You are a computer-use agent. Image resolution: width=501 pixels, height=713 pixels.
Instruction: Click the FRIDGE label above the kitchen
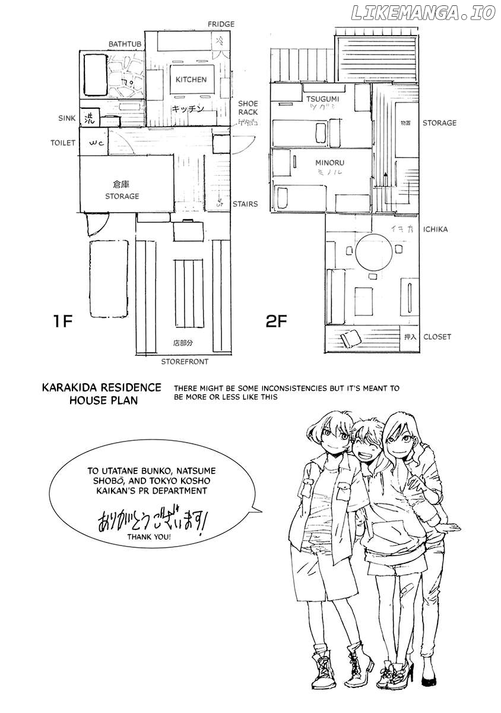tap(221, 24)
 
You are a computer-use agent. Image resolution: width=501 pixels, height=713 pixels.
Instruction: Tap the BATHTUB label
tap(125, 45)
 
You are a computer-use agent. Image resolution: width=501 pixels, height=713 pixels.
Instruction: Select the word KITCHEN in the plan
tap(190, 79)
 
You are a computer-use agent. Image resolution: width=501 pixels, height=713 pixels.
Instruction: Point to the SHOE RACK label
tap(248, 108)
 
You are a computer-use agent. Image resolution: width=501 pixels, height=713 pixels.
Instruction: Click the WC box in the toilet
tap(97, 143)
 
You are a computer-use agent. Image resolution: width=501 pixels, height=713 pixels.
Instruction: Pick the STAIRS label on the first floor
tap(245, 204)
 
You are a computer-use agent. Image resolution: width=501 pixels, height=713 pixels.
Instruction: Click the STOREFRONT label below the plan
tap(185, 361)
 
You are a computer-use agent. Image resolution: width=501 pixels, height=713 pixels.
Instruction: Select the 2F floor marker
tap(277, 322)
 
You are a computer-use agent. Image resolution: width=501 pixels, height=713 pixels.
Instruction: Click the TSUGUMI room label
tap(323, 98)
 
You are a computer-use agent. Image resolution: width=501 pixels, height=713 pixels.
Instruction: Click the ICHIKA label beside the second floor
tap(436, 229)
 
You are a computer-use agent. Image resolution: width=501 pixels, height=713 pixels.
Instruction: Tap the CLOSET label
tap(437, 336)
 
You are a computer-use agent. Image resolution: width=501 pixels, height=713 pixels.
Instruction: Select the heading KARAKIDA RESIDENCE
tap(102, 387)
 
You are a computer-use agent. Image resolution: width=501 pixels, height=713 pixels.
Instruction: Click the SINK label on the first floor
tap(67, 118)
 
